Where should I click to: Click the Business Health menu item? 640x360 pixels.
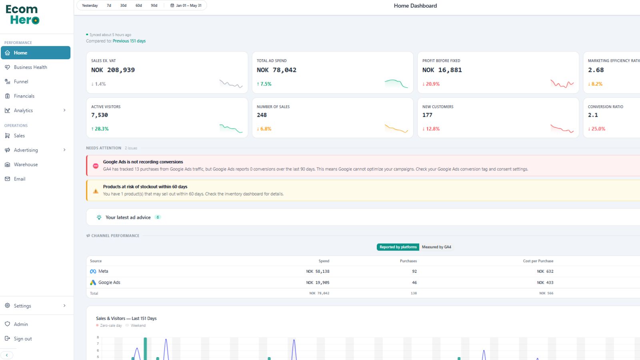(30, 67)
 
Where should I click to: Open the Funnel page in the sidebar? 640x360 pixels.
(21, 82)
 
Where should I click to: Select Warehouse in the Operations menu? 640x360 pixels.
(26, 164)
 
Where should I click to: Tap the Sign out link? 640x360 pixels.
(22, 338)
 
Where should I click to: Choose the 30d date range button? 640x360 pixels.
(123, 6)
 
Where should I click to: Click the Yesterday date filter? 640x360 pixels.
(90, 6)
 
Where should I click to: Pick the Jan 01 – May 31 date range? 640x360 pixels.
(186, 6)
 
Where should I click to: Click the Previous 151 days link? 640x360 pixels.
(129, 41)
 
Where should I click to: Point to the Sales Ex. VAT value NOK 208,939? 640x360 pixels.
(113, 70)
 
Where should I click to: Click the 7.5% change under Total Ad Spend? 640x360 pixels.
(264, 84)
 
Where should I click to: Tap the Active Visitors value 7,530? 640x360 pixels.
(100, 115)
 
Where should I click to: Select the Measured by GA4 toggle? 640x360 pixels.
(436, 247)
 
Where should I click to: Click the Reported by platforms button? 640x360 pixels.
(398, 247)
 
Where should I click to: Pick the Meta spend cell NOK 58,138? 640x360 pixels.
(318, 272)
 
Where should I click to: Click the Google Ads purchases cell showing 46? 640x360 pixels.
(414, 282)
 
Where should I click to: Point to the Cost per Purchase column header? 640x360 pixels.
(538, 261)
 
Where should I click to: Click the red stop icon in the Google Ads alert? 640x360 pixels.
(96, 166)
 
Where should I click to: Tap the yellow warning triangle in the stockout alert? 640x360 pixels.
(96, 191)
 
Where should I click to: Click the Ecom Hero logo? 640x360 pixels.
(22, 14)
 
